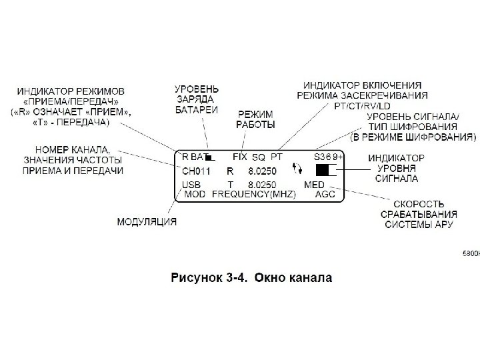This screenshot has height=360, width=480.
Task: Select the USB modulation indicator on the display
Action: (x=191, y=184)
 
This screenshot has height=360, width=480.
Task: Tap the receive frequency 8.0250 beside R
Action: (x=262, y=171)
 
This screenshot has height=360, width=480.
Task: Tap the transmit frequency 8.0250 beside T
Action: (x=262, y=184)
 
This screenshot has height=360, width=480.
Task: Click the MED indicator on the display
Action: (x=314, y=184)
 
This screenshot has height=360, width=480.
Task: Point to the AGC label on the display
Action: (x=325, y=195)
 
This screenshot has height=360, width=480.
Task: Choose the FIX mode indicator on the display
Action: (x=240, y=157)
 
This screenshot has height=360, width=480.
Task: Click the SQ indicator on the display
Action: (x=259, y=157)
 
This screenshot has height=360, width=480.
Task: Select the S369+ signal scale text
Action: (x=328, y=157)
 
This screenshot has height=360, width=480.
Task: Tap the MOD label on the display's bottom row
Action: (x=195, y=195)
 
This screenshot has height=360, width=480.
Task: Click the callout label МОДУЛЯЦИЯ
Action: (x=147, y=221)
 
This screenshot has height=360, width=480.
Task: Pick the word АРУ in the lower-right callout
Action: (x=443, y=225)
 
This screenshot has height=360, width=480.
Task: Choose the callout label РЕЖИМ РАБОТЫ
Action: (x=255, y=120)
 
